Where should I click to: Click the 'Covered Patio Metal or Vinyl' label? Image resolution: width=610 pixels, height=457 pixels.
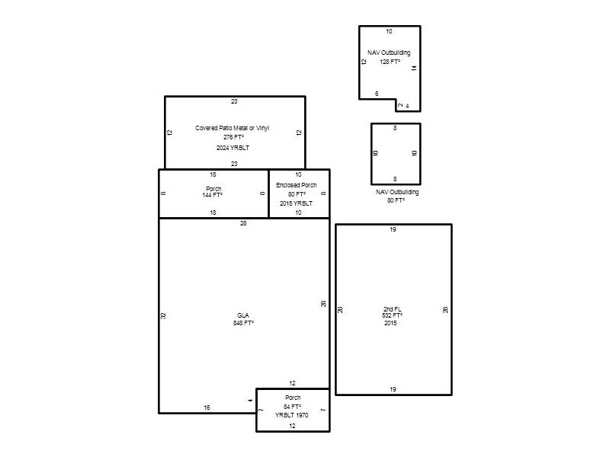[232, 128]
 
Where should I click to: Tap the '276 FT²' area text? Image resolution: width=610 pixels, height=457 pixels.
[233, 137]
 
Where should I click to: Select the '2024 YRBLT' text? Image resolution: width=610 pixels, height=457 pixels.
[233, 148]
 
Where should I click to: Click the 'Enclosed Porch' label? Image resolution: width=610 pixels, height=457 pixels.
[297, 185]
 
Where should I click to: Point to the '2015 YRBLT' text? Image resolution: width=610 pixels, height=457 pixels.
[296, 203]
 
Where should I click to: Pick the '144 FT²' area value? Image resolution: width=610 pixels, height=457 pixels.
[212, 195]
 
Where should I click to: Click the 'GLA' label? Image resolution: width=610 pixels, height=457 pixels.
[242, 315]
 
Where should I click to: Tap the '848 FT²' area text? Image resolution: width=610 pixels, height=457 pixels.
[243, 323]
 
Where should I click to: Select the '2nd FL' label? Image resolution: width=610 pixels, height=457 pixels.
[392, 309]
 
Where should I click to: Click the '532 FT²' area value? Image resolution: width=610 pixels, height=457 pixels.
[392, 315]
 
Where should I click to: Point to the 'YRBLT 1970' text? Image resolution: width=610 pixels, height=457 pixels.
[292, 415]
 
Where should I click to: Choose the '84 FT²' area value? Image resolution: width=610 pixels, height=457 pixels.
[292, 407]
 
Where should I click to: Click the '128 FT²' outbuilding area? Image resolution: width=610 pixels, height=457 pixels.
[390, 62]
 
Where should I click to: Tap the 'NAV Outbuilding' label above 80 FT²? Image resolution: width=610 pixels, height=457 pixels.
[397, 192]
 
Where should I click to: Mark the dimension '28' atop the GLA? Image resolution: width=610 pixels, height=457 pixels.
[243, 223]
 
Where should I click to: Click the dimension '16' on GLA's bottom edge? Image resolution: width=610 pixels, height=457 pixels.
[207, 407]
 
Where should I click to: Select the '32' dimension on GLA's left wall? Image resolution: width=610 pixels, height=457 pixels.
[163, 315]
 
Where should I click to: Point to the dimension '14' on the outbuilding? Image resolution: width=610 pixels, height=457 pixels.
[414, 68]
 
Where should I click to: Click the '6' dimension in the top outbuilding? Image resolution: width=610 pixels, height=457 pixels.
[377, 94]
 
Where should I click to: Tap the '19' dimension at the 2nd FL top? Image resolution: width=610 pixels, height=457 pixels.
[393, 229]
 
